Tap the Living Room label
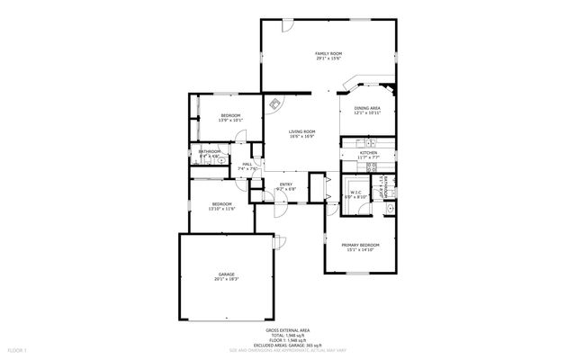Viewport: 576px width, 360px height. [301, 131]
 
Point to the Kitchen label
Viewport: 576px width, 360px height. [368, 153]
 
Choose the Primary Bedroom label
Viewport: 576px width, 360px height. [360, 245]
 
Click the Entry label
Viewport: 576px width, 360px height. [285, 184]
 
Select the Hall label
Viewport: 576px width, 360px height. [246, 164]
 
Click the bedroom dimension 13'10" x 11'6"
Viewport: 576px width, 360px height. [222, 209]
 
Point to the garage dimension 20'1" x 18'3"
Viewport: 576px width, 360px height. [226, 280]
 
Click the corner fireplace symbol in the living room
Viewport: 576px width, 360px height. [274, 104]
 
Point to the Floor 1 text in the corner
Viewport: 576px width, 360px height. [18, 348]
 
